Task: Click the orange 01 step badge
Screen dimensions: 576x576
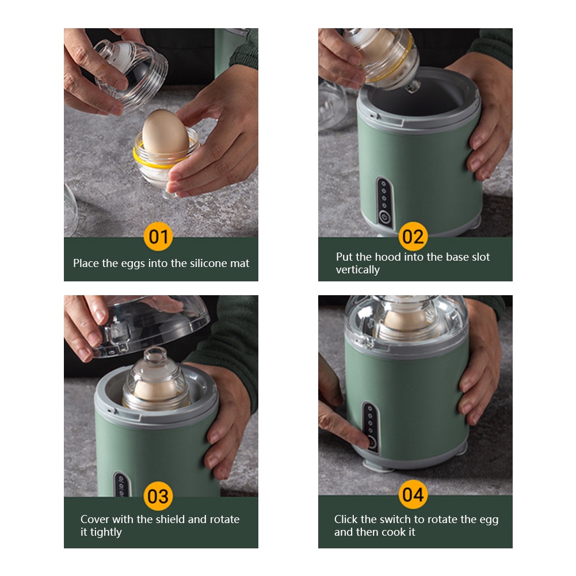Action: (x=158, y=236)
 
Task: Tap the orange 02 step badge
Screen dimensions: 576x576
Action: (x=413, y=236)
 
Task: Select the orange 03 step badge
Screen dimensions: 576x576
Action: (x=158, y=496)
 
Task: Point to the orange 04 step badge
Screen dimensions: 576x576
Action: (x=413, y=494)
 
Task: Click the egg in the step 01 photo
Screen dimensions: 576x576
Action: (x=165, y=133)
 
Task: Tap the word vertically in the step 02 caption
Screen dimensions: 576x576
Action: (x=357, y=270)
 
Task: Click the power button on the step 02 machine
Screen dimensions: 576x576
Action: (x=384, y=217)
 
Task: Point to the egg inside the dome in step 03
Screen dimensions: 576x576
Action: (x=155, y=391)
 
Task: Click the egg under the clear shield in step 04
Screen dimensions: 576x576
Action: (x=405, y=321)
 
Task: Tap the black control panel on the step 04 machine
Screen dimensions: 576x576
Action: (x=371, y=427)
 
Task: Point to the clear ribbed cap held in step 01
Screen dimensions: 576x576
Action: (x=132, y=74)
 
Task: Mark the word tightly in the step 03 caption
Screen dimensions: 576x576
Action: (x=106, y=532)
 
